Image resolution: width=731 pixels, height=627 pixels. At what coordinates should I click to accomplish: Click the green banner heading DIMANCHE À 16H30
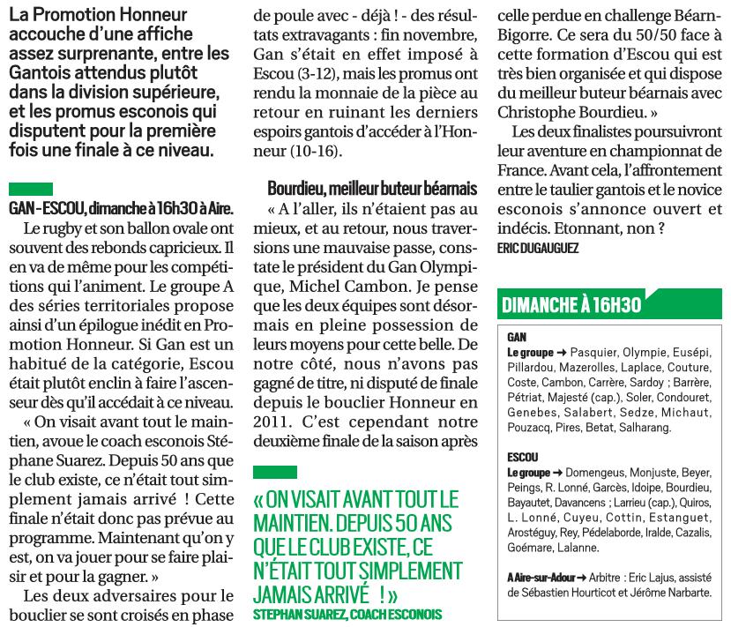pyautogui.click(x=571, y=305)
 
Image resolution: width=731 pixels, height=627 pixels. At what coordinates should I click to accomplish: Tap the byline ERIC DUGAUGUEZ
pyautogui.click(x=539, y=250)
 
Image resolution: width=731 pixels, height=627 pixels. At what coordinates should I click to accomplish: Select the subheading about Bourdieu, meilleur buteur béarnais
pyautogui.click(x=371, y=189)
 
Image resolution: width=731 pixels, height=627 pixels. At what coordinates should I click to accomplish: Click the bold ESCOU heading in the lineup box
pyautogui.click(x=523, y=459)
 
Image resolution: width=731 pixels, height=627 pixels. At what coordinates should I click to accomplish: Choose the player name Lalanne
pyautogui.click(x=578, y=548)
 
